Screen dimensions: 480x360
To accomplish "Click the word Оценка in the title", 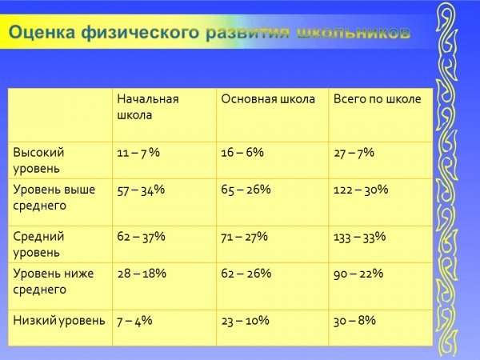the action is pyautogui.click(x=42, y=33).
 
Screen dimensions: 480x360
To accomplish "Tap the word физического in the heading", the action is pyautogui.click(x=140, y=33).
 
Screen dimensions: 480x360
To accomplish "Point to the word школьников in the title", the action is pyautogui.click(x=354, y=34).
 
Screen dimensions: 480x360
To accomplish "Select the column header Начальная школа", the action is pyautogui.click(x=148, y=107).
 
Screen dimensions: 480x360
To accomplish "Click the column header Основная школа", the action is pyautogui.click(x=268, y=99).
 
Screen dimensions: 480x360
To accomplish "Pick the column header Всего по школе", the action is pyautogui.click(x=377, y=99).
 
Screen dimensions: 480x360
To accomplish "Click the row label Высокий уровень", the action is pyautogui.click(x=38, y=161).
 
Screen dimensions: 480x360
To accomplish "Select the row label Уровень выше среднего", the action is pyautogui.click(x=54, y=198).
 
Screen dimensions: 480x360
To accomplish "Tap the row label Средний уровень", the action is pyautogui.click(x=38, y=245).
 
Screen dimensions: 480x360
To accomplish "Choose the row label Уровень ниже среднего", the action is pyautogui.click(x=54, y=282).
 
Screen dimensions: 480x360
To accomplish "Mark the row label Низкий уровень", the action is pyautogui.click(x=59, y=321).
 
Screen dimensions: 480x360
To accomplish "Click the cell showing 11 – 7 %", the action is pyautogui.click(x=138, y=153).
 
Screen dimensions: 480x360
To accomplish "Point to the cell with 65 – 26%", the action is pyautogui.click(x=246, y=190).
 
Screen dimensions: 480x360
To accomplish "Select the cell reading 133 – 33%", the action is pyautogui.click(x=360, y=237).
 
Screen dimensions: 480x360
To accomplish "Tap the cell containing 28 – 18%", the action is pyautogui.click(x=142, y=274).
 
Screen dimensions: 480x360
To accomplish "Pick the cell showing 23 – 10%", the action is pyautogui.click(x=246, y=321).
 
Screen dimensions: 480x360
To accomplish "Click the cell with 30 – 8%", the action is pyautogui.click(x=354, y=321).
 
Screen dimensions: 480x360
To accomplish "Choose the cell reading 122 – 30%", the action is pyautogui.click(x=361, y=190).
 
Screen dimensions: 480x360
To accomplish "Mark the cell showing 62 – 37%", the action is pyautogui.click(x=141, y=237).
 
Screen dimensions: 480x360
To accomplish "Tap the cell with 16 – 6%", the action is pyautogui.click(x=242, y=153).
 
